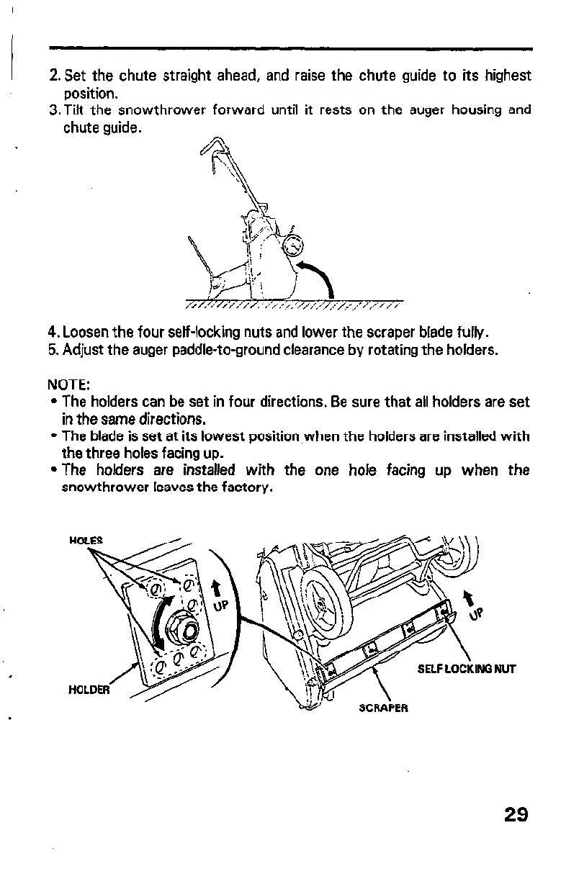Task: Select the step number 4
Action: [53, 334]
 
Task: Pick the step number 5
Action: [53, 352]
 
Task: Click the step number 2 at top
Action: [53, 76]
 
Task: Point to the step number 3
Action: [53, 111]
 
